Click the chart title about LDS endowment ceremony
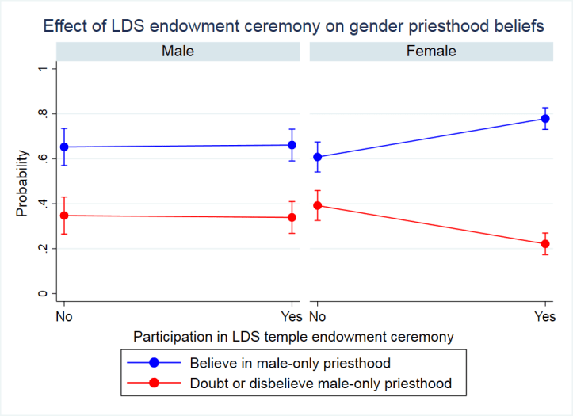(x=294, y=25)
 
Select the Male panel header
(x=178, y=51)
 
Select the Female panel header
(x=430, y=51)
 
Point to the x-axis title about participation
(x=294, y=337)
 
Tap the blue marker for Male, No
(x=64, y=147)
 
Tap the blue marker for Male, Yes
(x=292, y=145)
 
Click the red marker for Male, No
(x=64, y=216)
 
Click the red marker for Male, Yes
(x=292, y=217)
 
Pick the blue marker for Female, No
(x=317, y=157)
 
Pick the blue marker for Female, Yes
(x=545, y=119)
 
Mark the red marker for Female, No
(x=317, y=205)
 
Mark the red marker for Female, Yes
(x=545, y=244)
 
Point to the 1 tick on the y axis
(x=42, y=69)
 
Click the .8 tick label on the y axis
(x=42, y=114)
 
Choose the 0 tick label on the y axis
(x=42, y=294)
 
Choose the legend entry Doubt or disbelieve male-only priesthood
(x=321, y=384)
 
